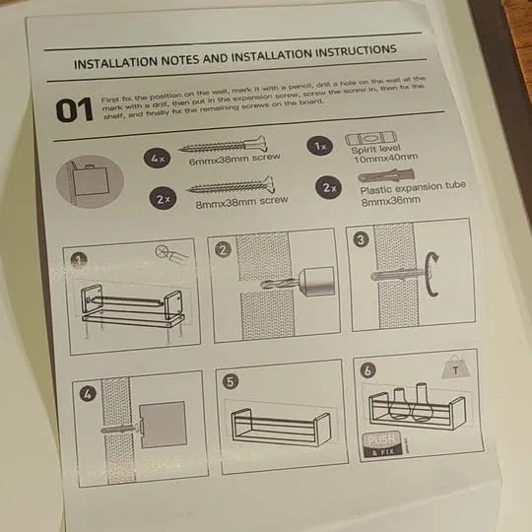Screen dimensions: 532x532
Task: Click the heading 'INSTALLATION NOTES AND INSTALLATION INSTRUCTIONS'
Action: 235,56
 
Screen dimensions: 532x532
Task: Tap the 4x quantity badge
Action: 158,157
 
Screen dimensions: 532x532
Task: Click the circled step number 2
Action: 225,250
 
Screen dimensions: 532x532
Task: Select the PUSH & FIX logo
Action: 385,445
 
